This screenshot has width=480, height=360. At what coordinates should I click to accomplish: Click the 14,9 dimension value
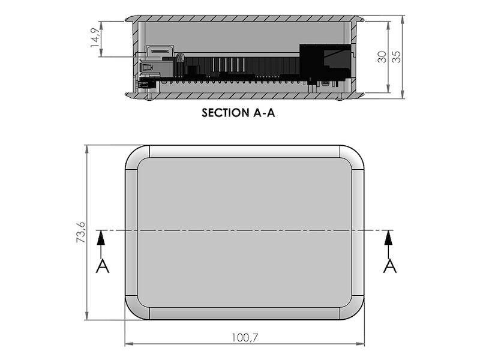click(x=95, y=38)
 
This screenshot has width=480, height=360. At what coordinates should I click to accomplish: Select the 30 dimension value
click(x=382, y=57)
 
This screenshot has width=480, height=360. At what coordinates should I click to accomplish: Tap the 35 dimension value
click(x=396, y=57)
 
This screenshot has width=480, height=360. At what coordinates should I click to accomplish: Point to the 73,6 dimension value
click(x=81, y=232)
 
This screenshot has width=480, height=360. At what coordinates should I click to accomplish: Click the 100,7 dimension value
click(x=245, y=338)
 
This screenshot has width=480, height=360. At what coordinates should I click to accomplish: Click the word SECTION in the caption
click(x=226, y=113)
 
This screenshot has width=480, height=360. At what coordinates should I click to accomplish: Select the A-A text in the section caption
click(x=265, y=113)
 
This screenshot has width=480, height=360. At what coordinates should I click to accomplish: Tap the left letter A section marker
click(x=103, y=266)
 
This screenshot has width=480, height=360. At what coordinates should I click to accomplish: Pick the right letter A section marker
click(x=389, y=266)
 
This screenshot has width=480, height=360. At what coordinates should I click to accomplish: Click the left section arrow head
click(x=101, y=238)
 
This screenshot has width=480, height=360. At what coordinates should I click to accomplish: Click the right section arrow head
click(x=388, y=238)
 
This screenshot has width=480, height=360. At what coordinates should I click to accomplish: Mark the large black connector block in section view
click(x=325, y=63)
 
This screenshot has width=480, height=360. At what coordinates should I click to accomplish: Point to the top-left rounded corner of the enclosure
click(x=134, y=155)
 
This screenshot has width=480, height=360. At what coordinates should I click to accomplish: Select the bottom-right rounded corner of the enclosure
click(x=355, y=310)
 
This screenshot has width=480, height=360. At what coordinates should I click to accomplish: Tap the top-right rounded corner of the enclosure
click(x=355, y=155)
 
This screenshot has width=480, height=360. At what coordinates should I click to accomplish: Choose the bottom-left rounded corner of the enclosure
click(x=134, y=310)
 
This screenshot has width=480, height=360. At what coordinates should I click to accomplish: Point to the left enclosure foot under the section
click(x=149, y=97)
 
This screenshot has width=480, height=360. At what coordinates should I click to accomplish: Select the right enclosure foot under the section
click(x=340, y=97)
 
